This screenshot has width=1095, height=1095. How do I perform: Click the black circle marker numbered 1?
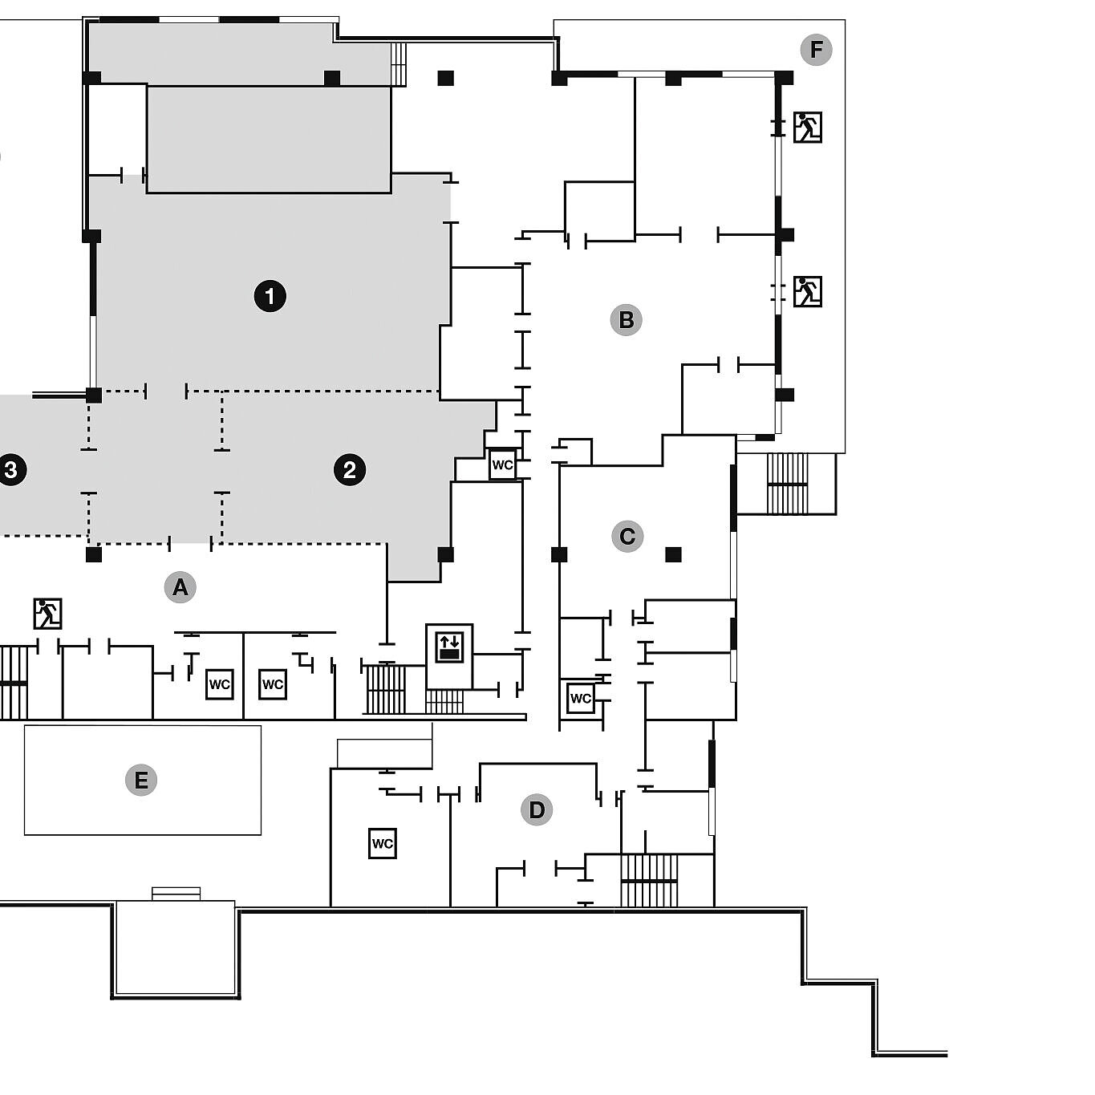tap(270, 296)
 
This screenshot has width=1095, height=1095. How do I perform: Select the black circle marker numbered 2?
tap(350, 470)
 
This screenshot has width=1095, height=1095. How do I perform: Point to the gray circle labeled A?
tap(180, 587)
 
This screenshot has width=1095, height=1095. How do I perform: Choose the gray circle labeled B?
tap(626, 320)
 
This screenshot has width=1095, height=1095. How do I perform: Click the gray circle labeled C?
tap(627, 536)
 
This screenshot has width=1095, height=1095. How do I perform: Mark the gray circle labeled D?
tap(537, 809)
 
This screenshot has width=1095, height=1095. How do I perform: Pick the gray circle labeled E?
tap(141, 780)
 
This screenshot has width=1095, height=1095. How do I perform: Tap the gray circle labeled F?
tap(816, 50)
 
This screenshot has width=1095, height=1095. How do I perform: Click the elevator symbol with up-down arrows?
tap(449, 647)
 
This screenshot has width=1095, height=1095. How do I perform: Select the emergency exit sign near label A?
tap(48, 614)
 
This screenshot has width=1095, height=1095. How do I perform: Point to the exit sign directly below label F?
tap(807, 128)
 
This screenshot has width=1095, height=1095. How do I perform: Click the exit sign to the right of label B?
tap(807, 292)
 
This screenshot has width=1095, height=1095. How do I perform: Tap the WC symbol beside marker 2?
tap(503, 464)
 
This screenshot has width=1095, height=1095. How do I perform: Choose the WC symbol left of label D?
tap(383, 844)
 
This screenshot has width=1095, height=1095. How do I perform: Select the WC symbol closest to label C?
tap(581, 698)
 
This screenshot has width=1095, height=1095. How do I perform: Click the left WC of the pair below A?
tap(219, 684)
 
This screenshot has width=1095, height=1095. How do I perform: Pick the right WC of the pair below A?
tap(273, 684)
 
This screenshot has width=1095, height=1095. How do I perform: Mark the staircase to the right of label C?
tap(787, 484)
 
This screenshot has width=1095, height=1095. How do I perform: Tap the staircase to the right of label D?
tap(649, 880)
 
